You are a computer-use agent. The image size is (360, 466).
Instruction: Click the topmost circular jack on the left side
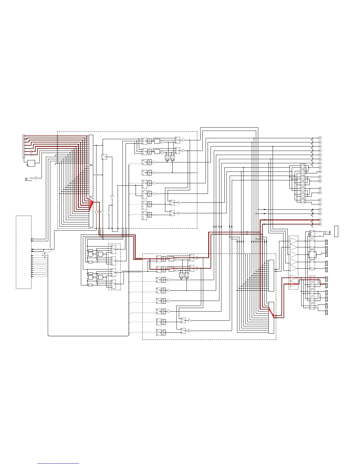tap(24, 136)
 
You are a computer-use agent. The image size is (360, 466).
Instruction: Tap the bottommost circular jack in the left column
tap(24, 155)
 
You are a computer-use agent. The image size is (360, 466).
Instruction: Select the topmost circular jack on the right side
tap(320, 138)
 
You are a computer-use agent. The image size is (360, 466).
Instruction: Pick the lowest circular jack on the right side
tap(320, 224)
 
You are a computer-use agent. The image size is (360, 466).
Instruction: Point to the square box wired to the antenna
tap(31, 163)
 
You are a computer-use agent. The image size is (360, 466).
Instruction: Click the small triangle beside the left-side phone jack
tap(36, 178)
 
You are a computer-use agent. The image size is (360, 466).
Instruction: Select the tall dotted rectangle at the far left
tap(24, 252)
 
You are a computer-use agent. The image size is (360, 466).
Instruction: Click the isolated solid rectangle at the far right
tap(336, 231)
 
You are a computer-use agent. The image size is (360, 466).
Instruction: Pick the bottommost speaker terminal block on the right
tap(326, 312)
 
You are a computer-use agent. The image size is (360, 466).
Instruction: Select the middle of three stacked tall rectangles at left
tap(91, 181)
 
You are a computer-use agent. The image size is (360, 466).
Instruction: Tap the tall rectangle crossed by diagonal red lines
tap(271, 317)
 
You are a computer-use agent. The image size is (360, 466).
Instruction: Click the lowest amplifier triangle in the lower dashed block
tap(190, 331)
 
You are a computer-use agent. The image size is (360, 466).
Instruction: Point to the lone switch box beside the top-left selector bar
tap(104, 157)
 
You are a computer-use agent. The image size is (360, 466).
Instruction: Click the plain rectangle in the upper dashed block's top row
tap(157, 141)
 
